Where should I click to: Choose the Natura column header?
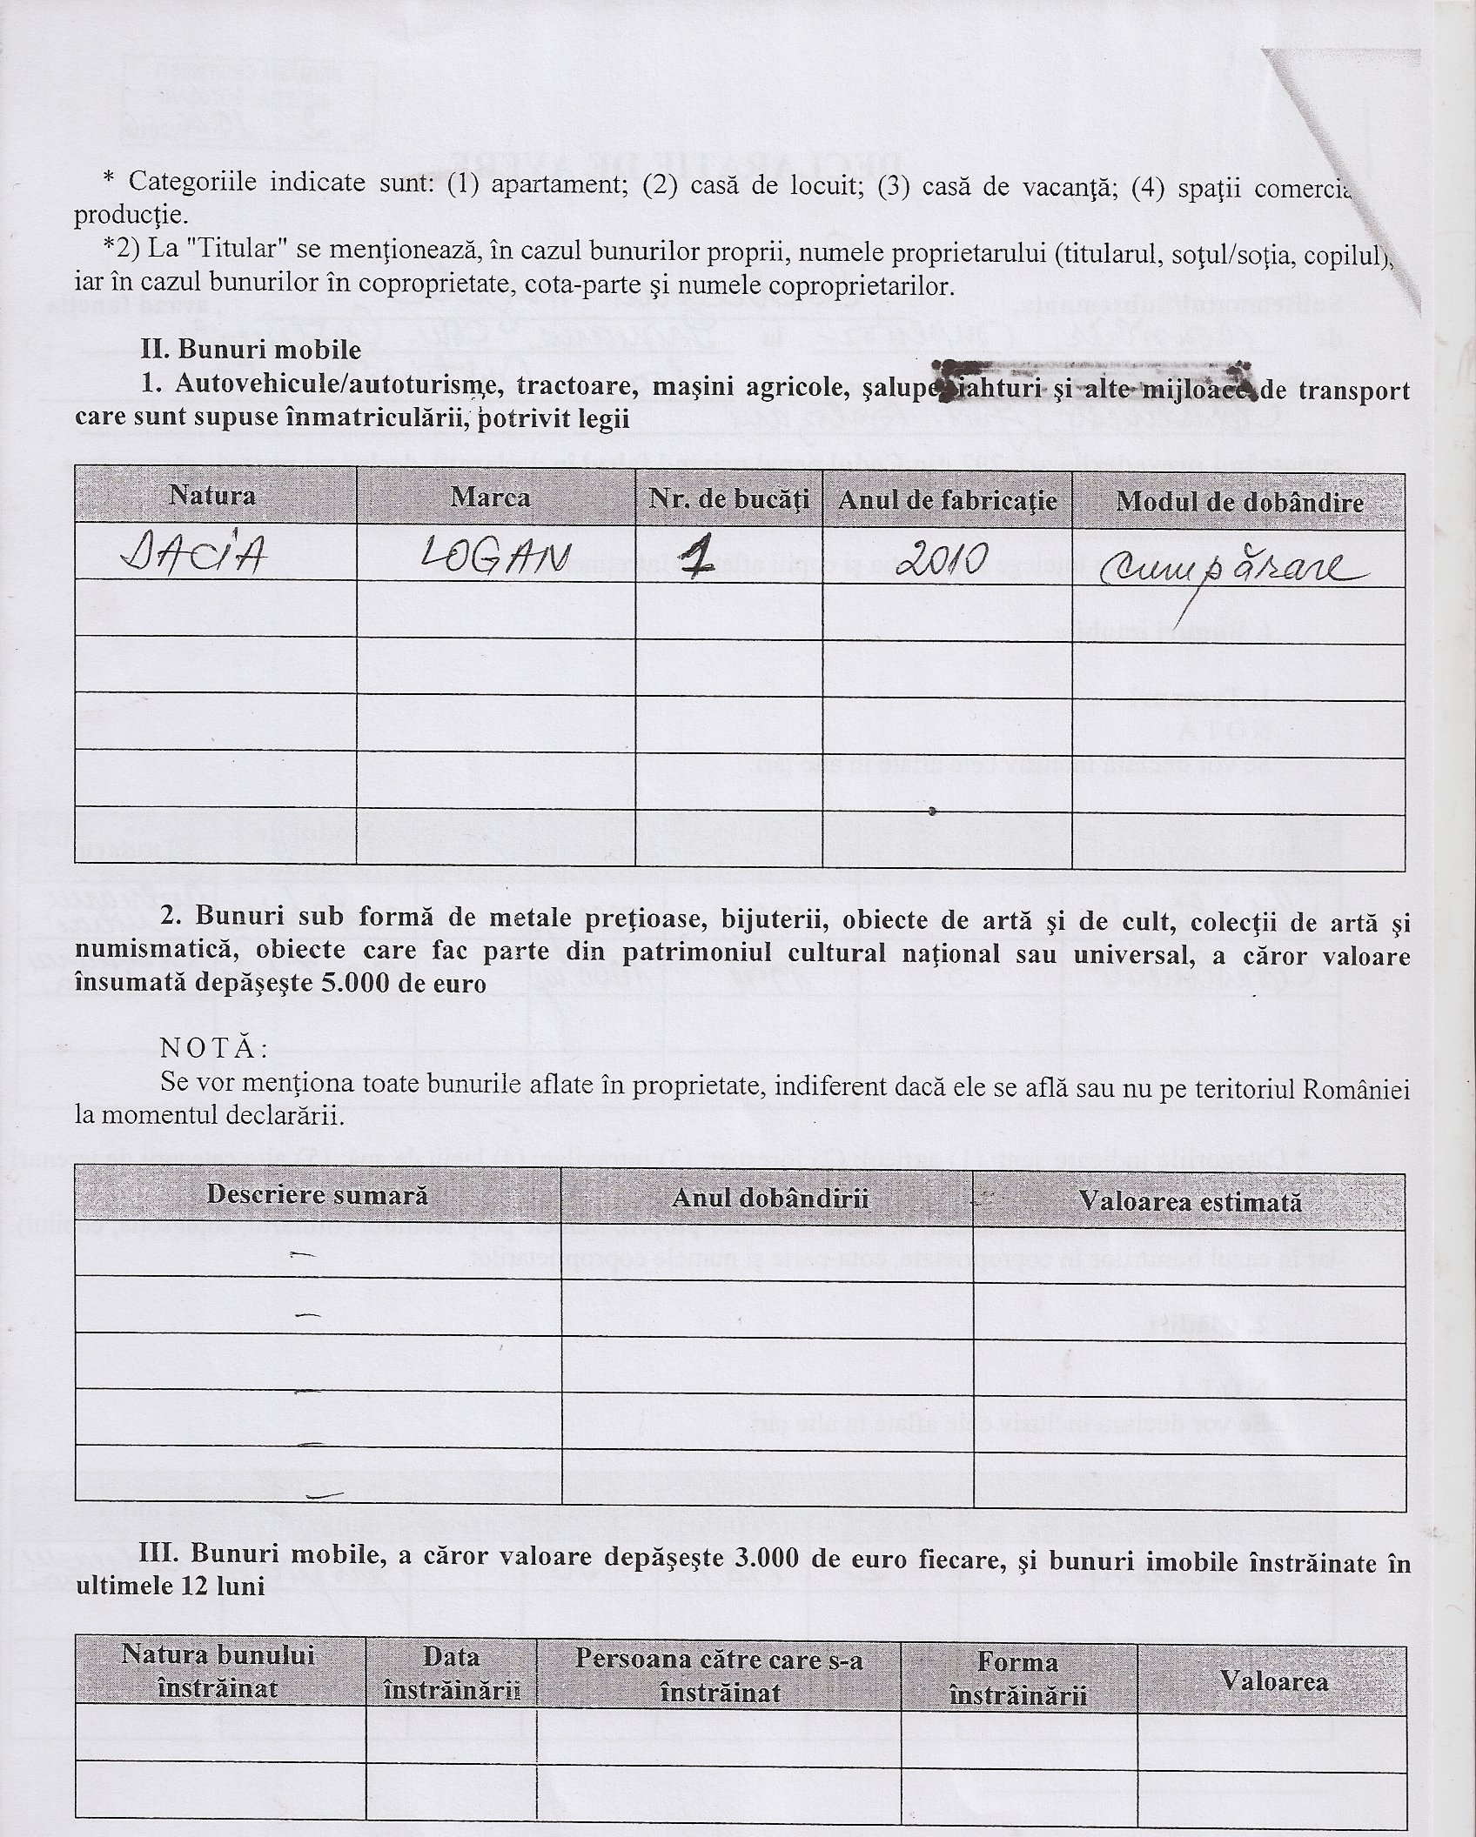[x=213, y=496]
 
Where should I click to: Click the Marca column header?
[x=491, y=497]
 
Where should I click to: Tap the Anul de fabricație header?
[x=947, y=500]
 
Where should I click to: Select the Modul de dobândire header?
[x=1239, y=502]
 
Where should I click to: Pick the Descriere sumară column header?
[x=317, y=1194]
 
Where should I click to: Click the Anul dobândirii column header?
[x=770, y=1198]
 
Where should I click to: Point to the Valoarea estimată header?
[x=1191, y=1202]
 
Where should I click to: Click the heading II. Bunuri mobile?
[x=251, y=350]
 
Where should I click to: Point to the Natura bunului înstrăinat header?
[x=218, y=1670]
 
